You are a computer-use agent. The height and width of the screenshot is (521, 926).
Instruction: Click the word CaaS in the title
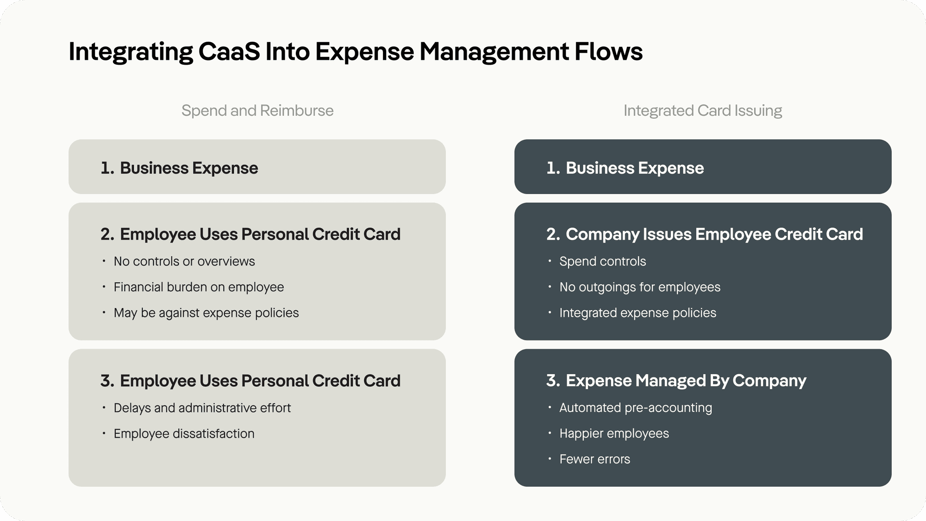point(229,51)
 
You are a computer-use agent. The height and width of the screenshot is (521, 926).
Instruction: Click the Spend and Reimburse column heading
point(257,111)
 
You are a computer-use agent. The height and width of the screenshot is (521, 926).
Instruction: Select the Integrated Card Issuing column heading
point(702,111)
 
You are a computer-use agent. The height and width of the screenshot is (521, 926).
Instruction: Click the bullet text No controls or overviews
point(184,262)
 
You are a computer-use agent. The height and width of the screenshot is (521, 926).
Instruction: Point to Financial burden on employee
point(199,287)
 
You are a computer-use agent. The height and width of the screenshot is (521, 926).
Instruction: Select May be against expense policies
point(206,313)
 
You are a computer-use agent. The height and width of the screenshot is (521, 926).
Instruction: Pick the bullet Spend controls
point(602,262)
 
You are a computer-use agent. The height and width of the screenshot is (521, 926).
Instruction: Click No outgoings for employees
point(639,287)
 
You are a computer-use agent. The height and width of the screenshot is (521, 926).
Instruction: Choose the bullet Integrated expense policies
point(638,313)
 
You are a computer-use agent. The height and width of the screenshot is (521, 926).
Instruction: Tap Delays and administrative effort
point(202,408)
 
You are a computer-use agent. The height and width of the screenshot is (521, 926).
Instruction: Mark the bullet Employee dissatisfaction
point(184,434)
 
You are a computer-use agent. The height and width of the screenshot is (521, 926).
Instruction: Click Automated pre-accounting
point(635,408)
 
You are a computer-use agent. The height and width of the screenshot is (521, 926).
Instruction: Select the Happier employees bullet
point(614,433)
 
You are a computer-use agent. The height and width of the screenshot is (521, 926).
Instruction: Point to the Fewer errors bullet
point(594,459)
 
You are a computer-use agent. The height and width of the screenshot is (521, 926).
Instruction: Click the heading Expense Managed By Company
point(685,381)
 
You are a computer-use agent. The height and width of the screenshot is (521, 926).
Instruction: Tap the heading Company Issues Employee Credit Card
point(714,234)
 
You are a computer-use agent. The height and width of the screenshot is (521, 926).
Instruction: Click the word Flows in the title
point(608,51)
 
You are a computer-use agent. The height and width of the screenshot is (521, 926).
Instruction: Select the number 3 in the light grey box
point(106,381)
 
